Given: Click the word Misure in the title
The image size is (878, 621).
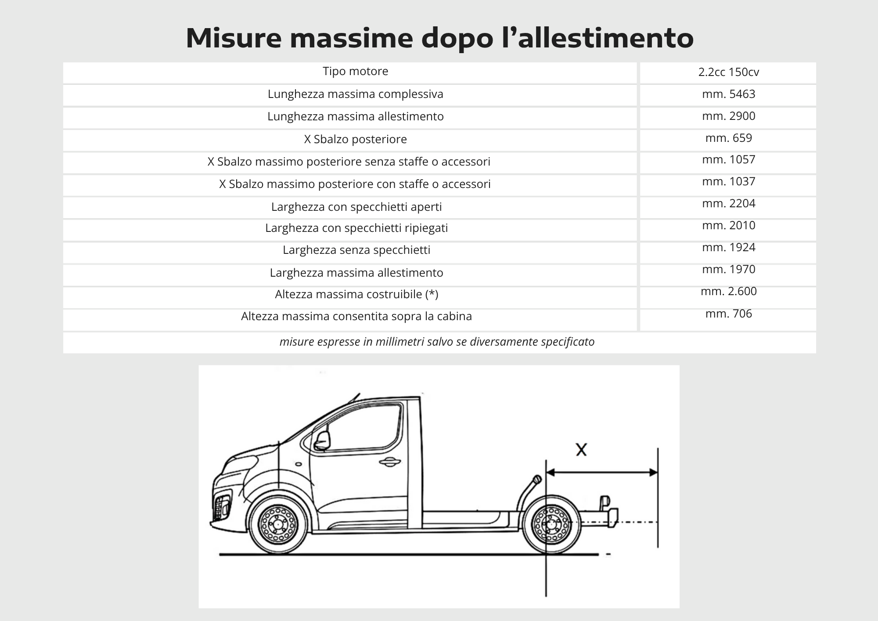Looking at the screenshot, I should click(x=233, y=38).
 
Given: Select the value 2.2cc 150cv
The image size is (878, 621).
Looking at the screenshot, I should click(x=728, y=72).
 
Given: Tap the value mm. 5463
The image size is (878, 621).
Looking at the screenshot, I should click(x=728, y=94).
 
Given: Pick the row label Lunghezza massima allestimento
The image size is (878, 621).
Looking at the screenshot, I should click(x=356, y=116).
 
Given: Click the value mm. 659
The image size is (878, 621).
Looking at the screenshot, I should click(x=728, y=138).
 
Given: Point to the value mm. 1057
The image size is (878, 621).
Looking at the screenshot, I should click(x=728, y=159).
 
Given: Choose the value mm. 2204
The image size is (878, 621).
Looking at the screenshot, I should click(x=728, y=203).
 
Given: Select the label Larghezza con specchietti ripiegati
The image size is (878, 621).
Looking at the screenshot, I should click(x=356, y=228).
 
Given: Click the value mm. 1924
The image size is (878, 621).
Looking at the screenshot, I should click(x=728, y=247).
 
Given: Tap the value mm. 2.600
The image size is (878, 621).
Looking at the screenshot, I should click(x=728, y=291).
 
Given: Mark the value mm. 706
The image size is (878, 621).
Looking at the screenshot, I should click(x=728, y=314).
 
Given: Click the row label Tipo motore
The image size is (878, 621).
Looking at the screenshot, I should click(x=356, y=71).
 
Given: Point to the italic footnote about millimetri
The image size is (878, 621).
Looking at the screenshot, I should click(x=437, y=342).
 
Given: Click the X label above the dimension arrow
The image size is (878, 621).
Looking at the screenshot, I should click(x=581, y=450).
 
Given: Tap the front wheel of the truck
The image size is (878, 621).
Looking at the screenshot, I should click(x=277, y=524).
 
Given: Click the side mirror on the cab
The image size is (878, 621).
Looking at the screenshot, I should click(x=322, y=440).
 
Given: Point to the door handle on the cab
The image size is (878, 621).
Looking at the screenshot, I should click(x=389, y=462).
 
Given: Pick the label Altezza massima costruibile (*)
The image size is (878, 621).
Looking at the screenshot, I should click(x=356, y=294).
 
